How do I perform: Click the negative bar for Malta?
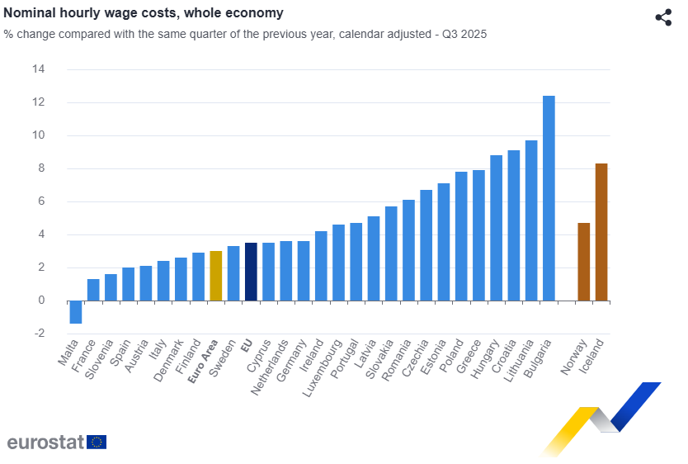coord(76,312)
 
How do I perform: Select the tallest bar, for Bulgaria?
coord(549,198)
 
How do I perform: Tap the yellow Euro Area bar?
coord(216,276)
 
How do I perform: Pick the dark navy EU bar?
coord(251,272)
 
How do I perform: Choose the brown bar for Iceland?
coord(601,232)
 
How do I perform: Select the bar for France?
coord(93,290)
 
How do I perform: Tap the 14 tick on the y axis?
coord(39,69)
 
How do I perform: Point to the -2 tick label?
coord(37,334)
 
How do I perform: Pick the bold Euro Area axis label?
coord(204,362)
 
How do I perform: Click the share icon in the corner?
coord(663,17)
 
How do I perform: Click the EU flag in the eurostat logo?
coord(97,442)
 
